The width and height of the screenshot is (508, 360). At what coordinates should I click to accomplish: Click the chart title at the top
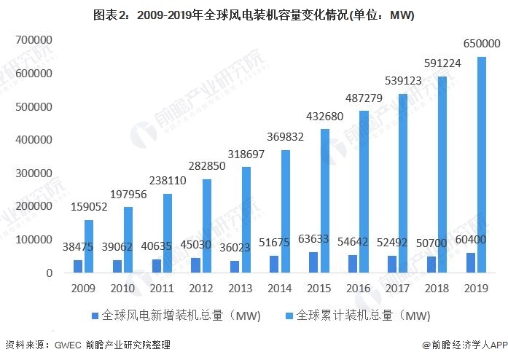[254, 17]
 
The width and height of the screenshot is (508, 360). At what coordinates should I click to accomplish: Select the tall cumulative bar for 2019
[481, 165]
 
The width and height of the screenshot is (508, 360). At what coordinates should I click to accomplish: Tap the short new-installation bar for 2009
[78, 266]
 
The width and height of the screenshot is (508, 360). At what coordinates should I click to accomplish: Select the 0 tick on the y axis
[49, 273]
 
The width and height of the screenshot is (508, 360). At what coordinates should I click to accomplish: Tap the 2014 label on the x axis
[280, 288]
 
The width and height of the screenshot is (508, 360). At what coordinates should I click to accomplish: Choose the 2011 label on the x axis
[163, 288]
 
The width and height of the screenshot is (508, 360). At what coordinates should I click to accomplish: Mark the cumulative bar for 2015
[324, 200]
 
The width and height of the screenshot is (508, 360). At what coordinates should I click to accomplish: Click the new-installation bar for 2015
[313, 262]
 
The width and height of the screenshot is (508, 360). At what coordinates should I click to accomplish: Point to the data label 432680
[325, 116]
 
